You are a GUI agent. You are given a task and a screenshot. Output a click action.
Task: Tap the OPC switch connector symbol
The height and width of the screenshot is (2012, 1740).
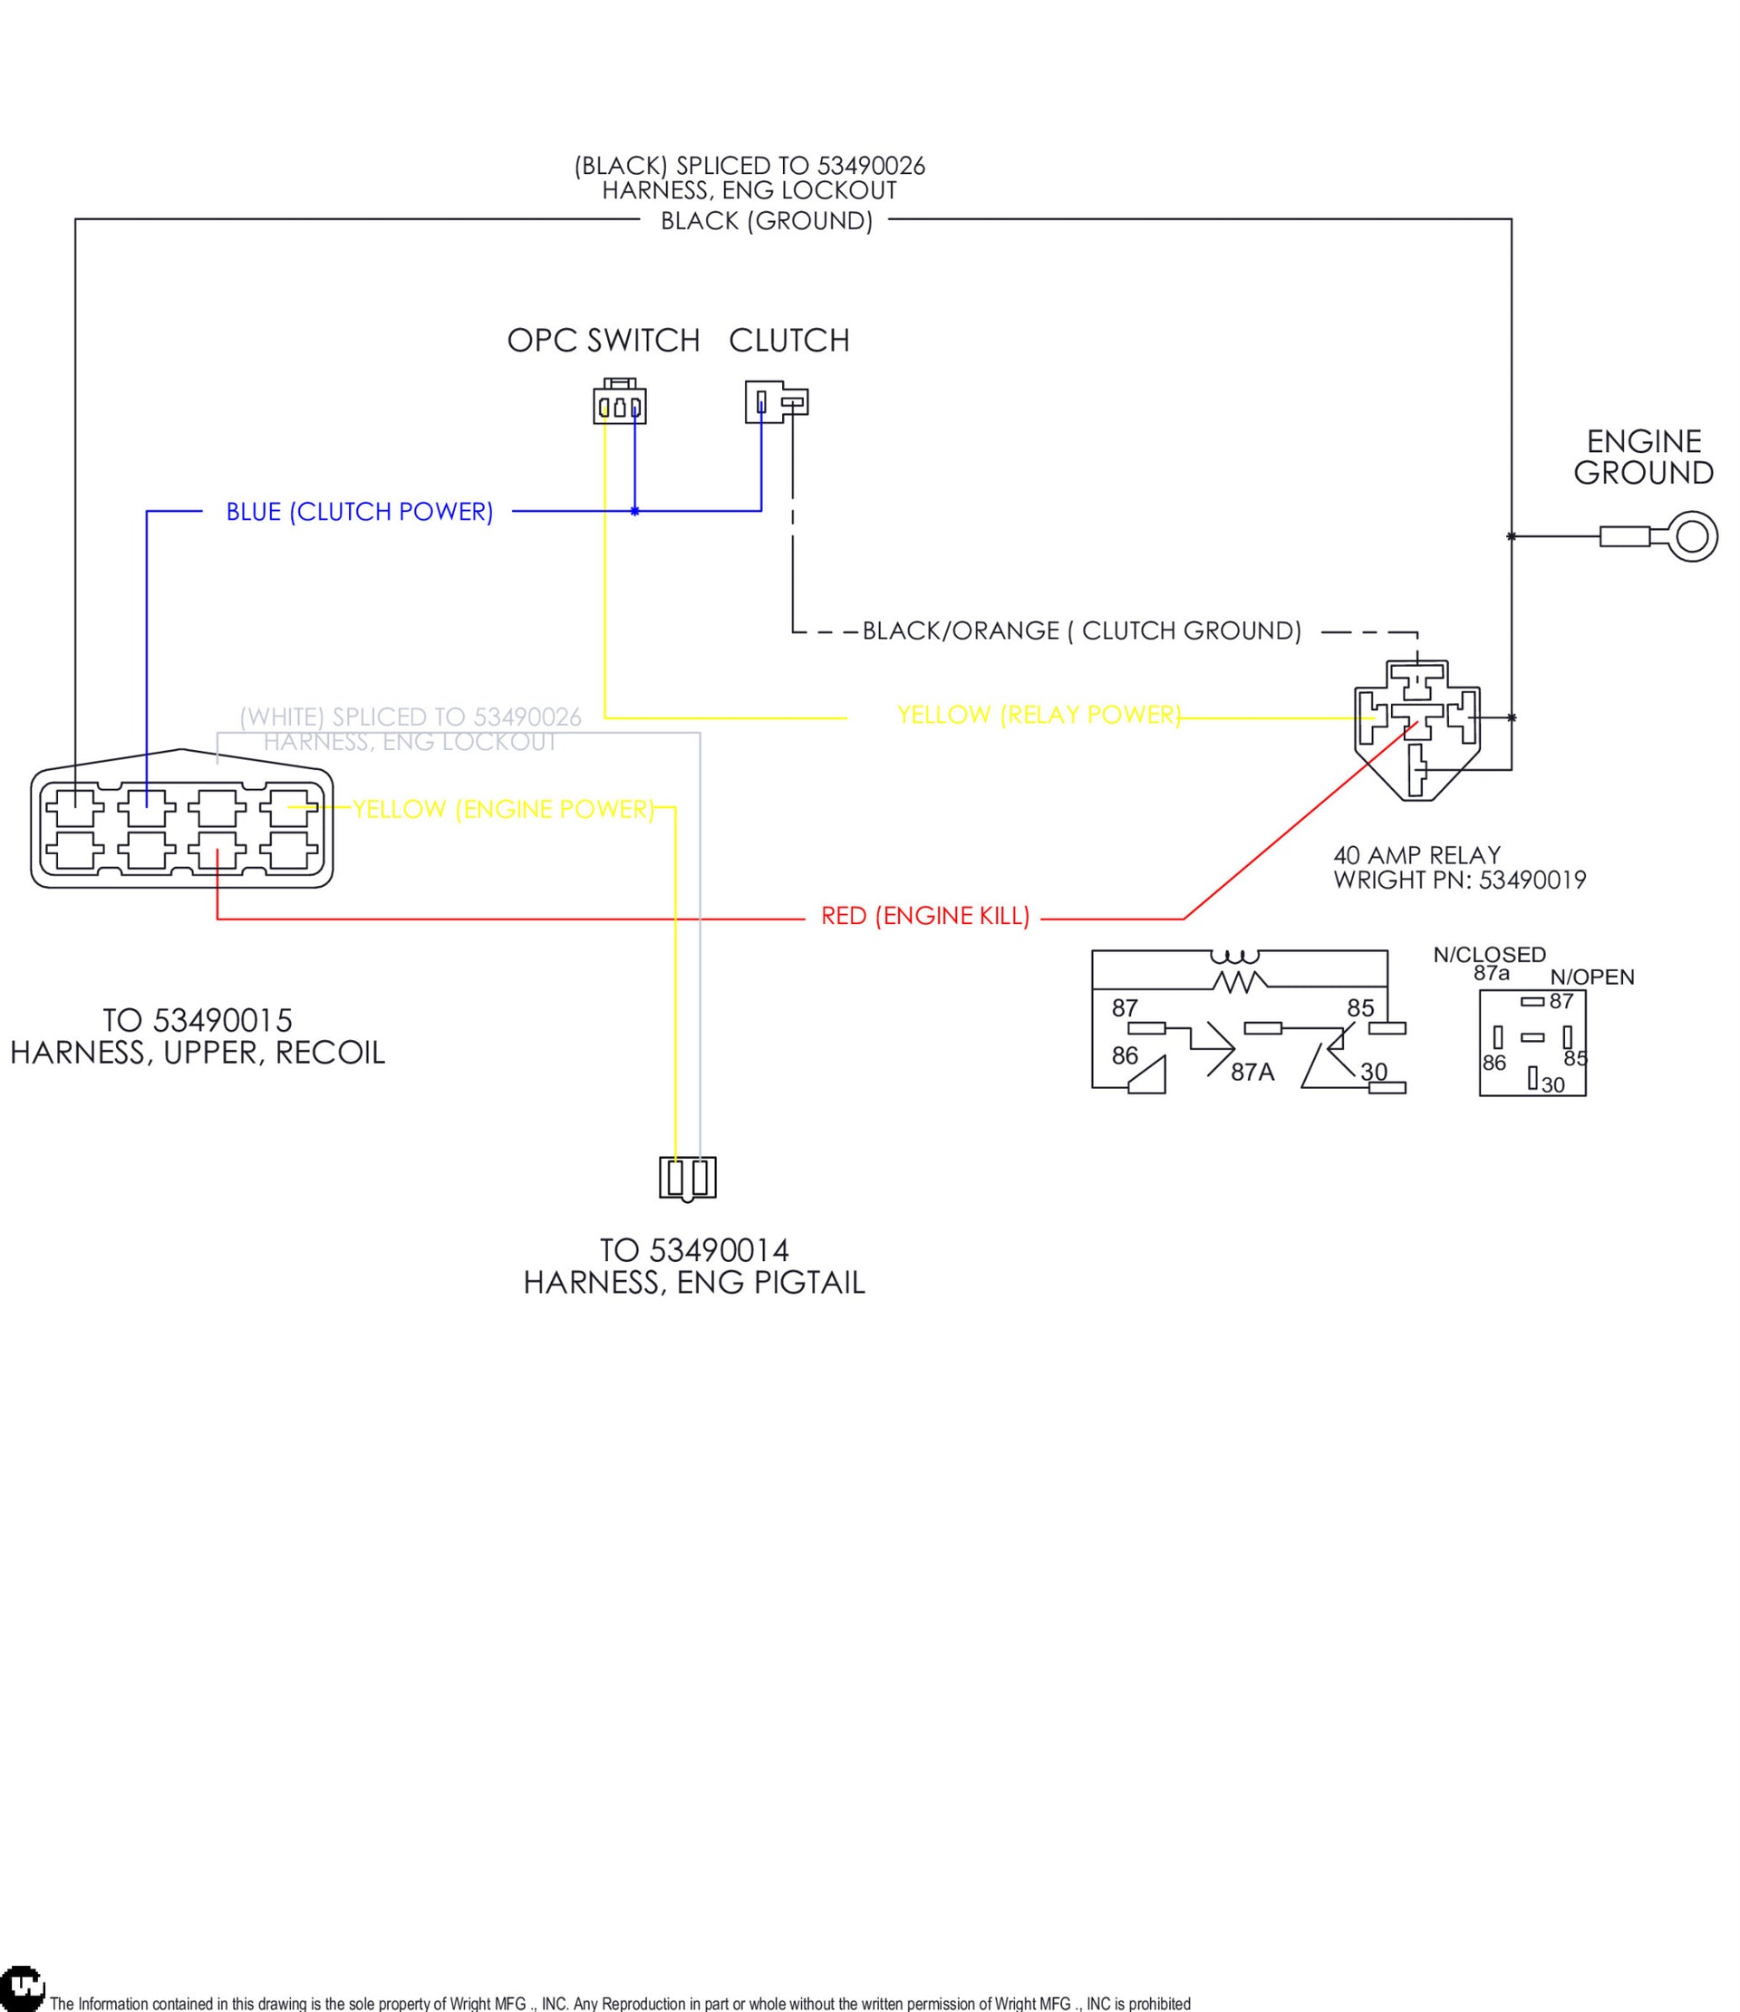tap(619, 403)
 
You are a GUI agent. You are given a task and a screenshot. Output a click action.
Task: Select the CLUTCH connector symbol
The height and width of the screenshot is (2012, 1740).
tap(775, 401)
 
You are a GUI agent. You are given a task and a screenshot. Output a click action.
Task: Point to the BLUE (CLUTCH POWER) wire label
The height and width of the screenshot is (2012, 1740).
tap(360, 512)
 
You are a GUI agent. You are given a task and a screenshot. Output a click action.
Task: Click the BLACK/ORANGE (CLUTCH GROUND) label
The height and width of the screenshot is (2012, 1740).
tap(1081, 631)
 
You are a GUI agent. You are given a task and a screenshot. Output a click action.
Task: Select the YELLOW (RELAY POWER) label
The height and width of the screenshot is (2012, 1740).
tap(1038, 715)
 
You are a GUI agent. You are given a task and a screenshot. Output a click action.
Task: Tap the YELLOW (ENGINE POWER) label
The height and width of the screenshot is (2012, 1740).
tap(503, 809)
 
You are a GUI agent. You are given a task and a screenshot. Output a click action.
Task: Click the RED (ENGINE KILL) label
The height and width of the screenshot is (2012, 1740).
tap(925, 916)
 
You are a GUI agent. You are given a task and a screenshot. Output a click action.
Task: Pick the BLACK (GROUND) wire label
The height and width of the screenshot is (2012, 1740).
tap(767, 221)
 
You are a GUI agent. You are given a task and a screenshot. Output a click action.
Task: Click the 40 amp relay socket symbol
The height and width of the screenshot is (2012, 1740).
tap(1417, 728)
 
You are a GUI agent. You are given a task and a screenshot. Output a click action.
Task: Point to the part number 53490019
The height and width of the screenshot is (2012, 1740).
tap(1532, 880)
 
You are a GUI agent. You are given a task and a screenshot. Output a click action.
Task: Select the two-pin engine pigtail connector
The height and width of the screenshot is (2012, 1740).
tap(687, 1178)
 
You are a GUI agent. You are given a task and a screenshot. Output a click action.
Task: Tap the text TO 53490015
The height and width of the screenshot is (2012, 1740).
tap(198, 1021)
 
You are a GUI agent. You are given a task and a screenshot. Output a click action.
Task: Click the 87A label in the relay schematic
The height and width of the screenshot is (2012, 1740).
tap(1252, 1072)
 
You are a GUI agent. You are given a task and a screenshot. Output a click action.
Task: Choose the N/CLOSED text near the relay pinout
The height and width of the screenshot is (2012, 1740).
tap(1488, 955)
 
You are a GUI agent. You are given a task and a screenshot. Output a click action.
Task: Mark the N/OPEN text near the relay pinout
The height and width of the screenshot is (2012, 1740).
tap(1591, 977)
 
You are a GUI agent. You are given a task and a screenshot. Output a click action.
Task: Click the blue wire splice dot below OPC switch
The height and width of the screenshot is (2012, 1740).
tap(634, 511)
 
